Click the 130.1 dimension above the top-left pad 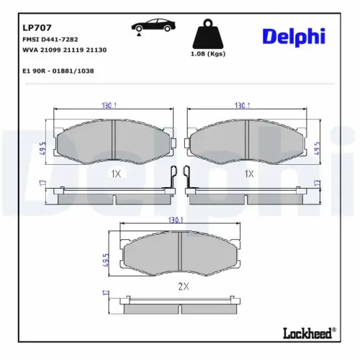112,105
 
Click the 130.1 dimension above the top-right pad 243,105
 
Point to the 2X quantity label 182,287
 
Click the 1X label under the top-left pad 115,174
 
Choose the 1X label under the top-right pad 249,174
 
